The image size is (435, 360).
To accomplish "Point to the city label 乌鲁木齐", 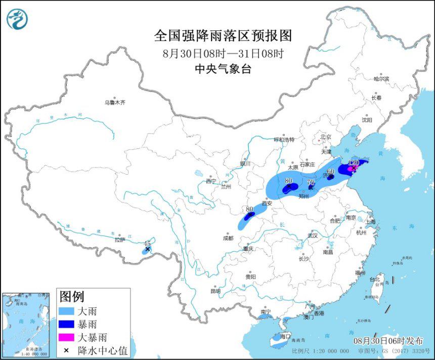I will tap(115, 102).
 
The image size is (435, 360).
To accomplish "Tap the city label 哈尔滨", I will tap(381, 79).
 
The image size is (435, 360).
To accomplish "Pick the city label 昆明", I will tap(215, 291).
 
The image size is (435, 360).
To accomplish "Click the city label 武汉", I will tap(312, 235).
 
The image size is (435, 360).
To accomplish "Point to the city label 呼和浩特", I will tap(284, 139).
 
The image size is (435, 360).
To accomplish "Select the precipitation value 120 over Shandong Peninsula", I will tap(354, 163).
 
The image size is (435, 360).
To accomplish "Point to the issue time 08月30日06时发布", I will tap(386, 341).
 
